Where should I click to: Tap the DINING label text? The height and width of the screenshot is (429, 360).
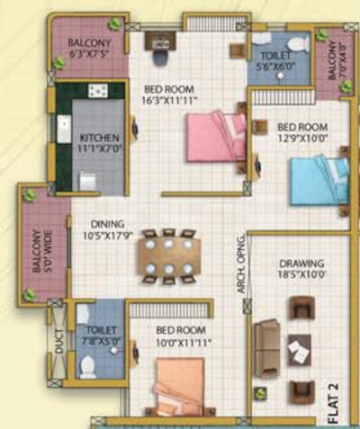coord(106,225)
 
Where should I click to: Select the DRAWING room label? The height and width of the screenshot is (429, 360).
coord(301,264)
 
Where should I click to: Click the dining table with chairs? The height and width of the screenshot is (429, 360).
coord(167,255)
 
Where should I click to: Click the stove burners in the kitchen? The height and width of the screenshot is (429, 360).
coord(95,91)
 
